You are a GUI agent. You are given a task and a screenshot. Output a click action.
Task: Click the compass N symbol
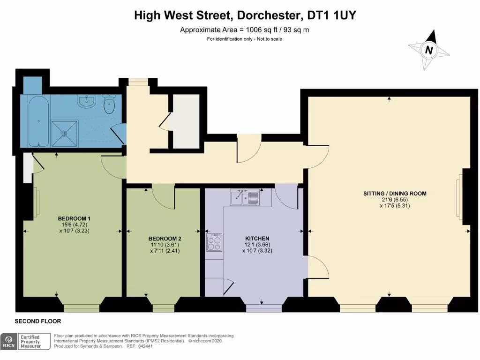coord(428,50)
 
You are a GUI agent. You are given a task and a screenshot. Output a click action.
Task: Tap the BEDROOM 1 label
coord(74,218)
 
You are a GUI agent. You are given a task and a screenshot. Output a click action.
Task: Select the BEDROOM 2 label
coord(162,239)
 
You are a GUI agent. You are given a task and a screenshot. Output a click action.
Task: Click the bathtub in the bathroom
coord(37,120)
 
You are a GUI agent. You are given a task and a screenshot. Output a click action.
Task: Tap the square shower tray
coord(65,133)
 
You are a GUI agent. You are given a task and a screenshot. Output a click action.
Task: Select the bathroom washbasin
coord(86,101)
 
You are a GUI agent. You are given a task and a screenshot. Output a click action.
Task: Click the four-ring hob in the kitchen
coord(214,242)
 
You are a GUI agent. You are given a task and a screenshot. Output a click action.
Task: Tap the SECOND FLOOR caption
coord(38,321)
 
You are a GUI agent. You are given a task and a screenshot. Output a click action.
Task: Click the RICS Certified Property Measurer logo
coord(26,341)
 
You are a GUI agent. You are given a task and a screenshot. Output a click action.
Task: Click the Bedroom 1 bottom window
coord(82,307)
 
